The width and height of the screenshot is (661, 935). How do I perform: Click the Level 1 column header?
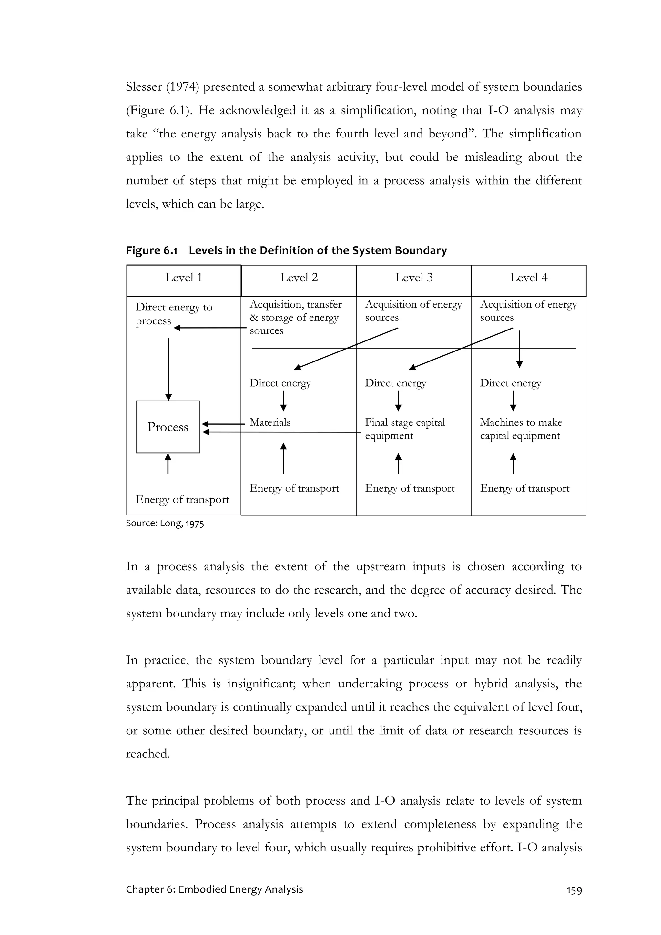pos(184,278)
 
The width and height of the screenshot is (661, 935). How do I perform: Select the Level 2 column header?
pos(299,278)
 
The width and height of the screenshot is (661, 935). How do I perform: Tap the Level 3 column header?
pos(414,278)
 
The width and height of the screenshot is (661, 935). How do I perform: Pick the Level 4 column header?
pos(529,278)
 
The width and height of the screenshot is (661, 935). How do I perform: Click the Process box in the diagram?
pos(168,427)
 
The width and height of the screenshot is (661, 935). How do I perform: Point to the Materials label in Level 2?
pos(270,422)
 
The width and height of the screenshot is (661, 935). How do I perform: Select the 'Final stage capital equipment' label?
pos(405,429)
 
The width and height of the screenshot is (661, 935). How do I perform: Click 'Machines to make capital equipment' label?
pos(521,429)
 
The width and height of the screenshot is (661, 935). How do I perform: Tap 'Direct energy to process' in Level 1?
pos(174,314)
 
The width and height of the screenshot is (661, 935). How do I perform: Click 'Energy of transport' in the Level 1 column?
pos(182,499)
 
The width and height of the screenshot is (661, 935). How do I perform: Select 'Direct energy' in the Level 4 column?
pos(510,383)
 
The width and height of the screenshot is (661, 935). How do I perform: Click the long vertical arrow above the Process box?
pos(168,369)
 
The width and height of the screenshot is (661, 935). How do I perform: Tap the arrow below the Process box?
pos(168,464)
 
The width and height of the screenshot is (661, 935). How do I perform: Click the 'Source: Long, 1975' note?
pos(165,523)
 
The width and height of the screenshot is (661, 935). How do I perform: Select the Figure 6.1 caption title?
pos(286,250)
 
